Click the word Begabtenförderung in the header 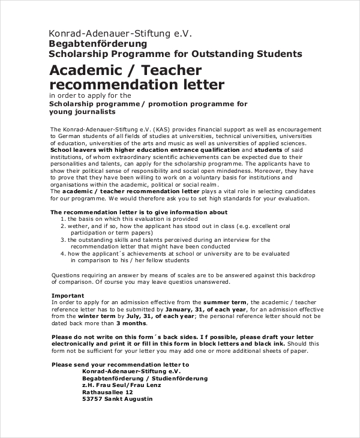tap(97, 44)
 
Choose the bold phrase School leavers tap(75, 151)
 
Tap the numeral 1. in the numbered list tap(62, 219)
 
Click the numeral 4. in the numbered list tap(62, 253)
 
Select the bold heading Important tap(67, 295)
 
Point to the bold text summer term tap(224, 301)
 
